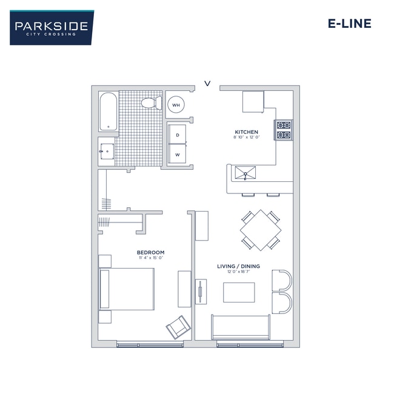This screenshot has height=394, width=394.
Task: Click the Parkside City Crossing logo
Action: [52, 27]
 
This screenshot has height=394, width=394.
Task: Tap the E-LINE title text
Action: [349, 24]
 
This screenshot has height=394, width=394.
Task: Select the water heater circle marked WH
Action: [176, 105]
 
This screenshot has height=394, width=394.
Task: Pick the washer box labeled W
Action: [178, 154]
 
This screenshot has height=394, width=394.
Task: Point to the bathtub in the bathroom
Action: [109, 112]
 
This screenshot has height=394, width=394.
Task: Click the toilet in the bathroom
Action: [150, 104]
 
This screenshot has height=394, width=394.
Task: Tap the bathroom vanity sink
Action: [107, 150]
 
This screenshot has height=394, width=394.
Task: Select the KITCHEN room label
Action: [246, 132]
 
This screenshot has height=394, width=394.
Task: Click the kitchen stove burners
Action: [284, 129]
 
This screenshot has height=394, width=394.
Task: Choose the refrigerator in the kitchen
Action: [253, 101]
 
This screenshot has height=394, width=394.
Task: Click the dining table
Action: [261, 230]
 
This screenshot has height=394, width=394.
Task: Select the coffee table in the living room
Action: [239, 292]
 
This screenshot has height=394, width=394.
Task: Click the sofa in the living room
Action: [240, 328]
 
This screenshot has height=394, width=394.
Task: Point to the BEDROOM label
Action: [150, 253]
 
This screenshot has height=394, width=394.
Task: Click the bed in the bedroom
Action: [127, 289]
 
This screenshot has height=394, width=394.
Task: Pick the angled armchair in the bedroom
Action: [178, 328]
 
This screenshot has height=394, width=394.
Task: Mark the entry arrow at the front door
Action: [207, 84]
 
